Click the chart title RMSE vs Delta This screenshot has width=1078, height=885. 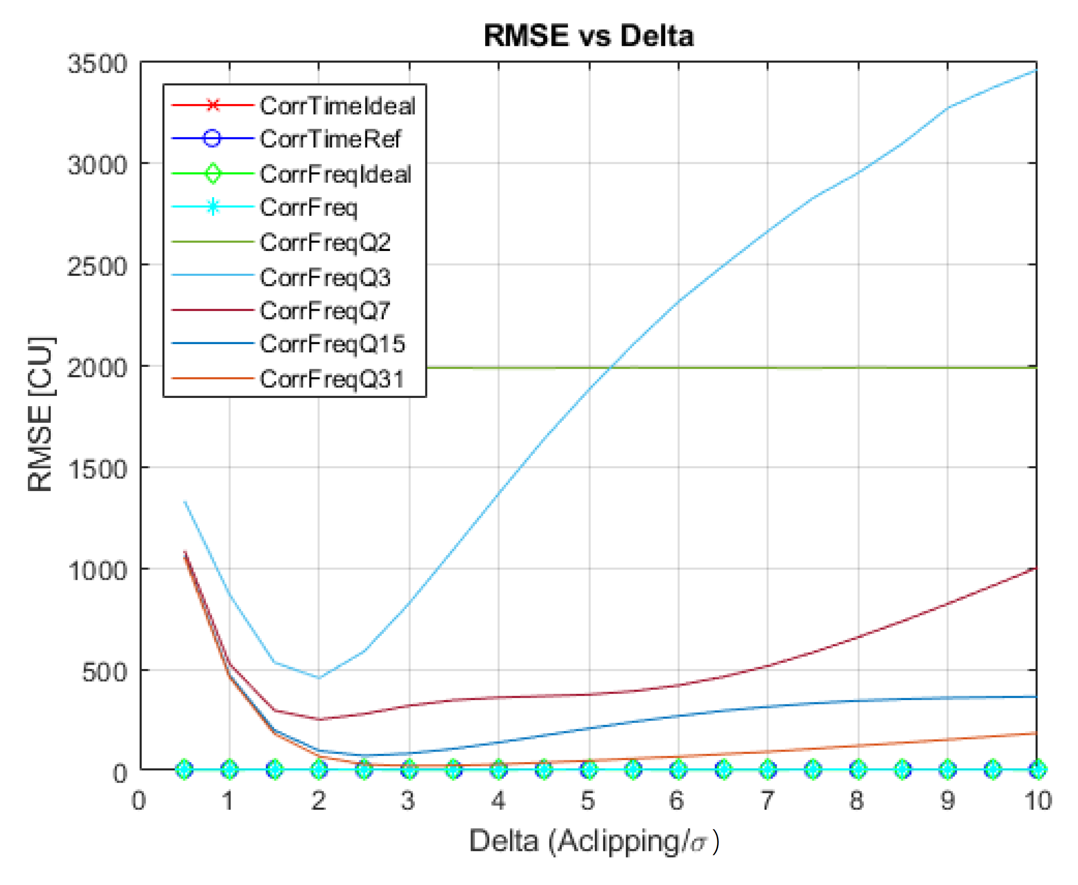tap(588, 36)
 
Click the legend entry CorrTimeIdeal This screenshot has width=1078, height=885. tap(337, 105)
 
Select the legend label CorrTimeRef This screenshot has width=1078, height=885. tap(330, 139)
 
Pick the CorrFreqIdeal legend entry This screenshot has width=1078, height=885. tap(335, 174)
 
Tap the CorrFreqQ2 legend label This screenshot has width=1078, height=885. tap(325, 242)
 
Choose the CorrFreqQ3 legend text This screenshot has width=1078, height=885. tap(325, 277)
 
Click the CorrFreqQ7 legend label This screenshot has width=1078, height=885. tap(325, 310)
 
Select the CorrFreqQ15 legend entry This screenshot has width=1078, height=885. tap(332, 343)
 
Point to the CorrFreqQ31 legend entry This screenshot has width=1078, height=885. tap(332, 378)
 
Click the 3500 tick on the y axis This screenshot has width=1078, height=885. tap(97, 64)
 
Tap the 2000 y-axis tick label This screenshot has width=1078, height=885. tap(97, 368)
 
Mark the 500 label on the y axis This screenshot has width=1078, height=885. tap(104, 672)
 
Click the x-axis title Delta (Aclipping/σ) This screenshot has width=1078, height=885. tap(593, 841)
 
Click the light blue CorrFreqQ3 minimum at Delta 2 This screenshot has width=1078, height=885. tap(319, 677)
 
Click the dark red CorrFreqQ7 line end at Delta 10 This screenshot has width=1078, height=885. tap(1036, 568)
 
